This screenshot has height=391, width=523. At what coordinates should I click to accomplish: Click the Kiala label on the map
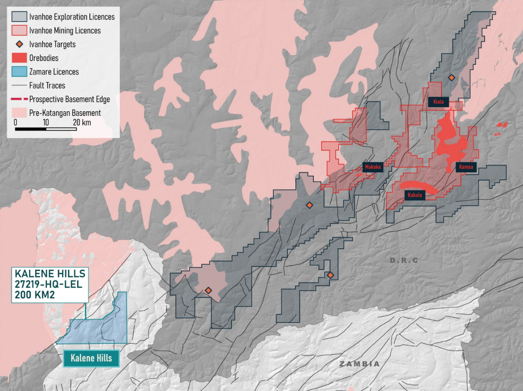point(438,102)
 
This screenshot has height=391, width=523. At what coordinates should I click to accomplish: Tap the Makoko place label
point(373,167)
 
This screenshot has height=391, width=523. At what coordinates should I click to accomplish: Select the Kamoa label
point(466,167)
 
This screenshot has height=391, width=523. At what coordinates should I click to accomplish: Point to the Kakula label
point(414,195)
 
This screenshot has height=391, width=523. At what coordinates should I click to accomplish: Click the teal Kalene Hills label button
point(91,358)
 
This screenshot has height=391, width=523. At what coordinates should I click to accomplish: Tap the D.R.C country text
point(404,261)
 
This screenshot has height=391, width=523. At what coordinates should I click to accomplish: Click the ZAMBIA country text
point(360,364)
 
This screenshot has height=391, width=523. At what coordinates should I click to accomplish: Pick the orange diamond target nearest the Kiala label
point(452,78)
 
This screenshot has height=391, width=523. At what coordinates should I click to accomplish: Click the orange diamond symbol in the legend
point(19,44)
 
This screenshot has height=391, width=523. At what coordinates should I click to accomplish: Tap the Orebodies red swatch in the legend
point(19,58)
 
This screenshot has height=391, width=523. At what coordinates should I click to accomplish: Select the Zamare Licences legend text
point(54,72)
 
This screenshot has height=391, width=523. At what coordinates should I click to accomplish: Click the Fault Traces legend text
point(47,86)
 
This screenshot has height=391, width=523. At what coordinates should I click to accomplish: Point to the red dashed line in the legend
point(19,99)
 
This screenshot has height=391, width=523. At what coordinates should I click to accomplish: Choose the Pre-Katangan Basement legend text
point(65,113)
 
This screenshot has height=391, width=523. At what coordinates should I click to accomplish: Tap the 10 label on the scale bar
point(46,123)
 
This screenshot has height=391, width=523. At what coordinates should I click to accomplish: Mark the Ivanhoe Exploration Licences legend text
point(72,17)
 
